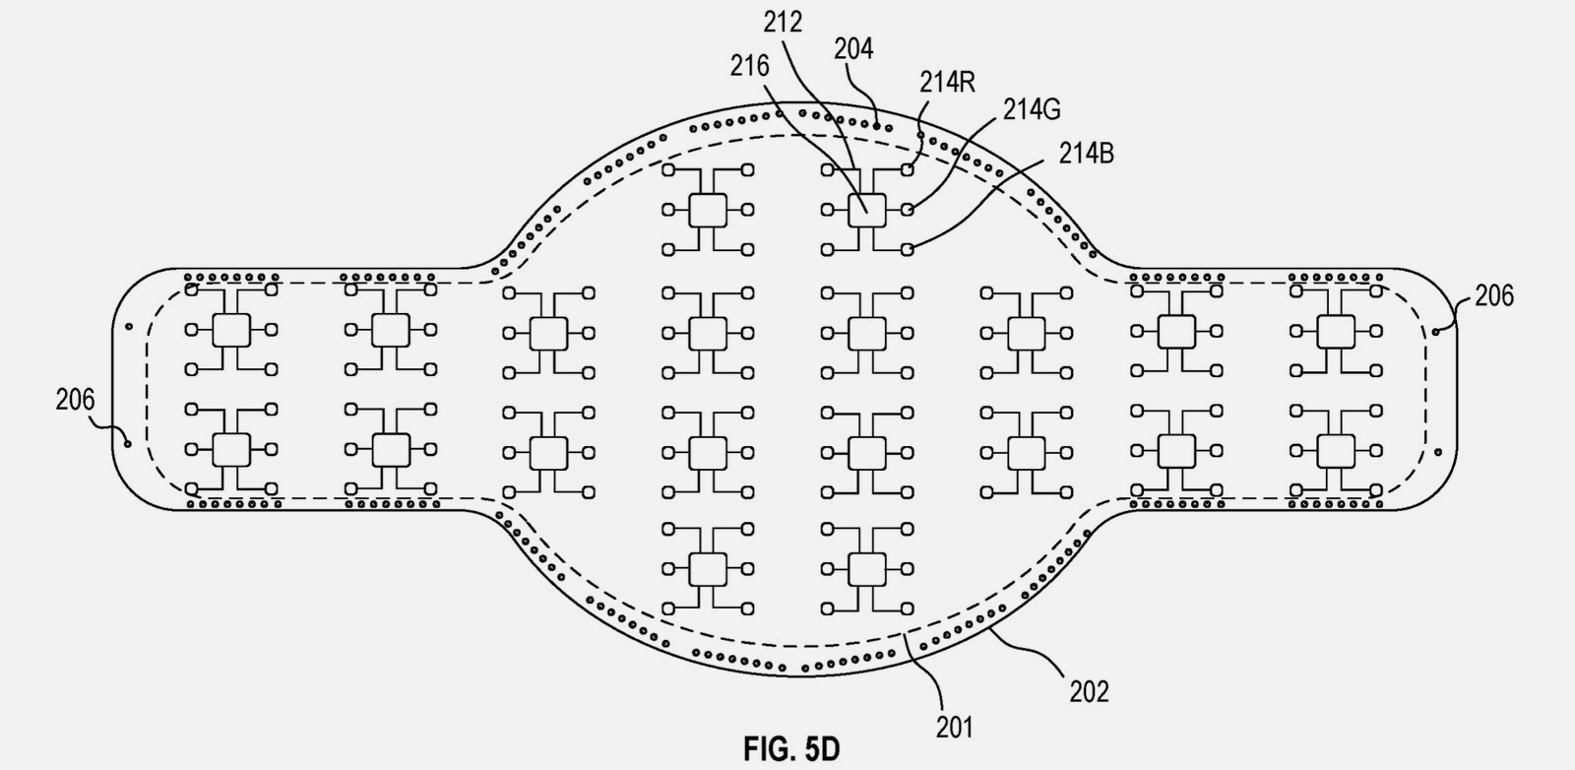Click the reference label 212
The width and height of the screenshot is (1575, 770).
click(783, 22)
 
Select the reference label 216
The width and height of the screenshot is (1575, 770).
click(749, 66)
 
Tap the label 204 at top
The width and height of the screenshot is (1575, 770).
click(853, 49)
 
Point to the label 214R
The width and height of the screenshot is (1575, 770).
click(947, 82)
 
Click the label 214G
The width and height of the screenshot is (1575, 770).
click(1032, 109)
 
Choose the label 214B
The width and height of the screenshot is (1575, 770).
click(1087, 154)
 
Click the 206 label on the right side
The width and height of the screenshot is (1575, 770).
click(1494, 295)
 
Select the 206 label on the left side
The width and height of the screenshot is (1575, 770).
click(75, 400)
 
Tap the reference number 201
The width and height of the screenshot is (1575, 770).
click(954, 728)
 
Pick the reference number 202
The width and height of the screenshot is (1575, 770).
click(1089, 692)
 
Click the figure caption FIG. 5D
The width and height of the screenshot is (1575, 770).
click(791, 749)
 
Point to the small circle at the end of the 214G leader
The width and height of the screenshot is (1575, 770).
click(907, 210)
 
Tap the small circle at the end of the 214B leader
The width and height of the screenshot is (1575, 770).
click(907, 250)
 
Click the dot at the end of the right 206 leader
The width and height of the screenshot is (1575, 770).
click(1435, 331)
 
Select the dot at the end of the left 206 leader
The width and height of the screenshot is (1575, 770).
click(129, 444)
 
